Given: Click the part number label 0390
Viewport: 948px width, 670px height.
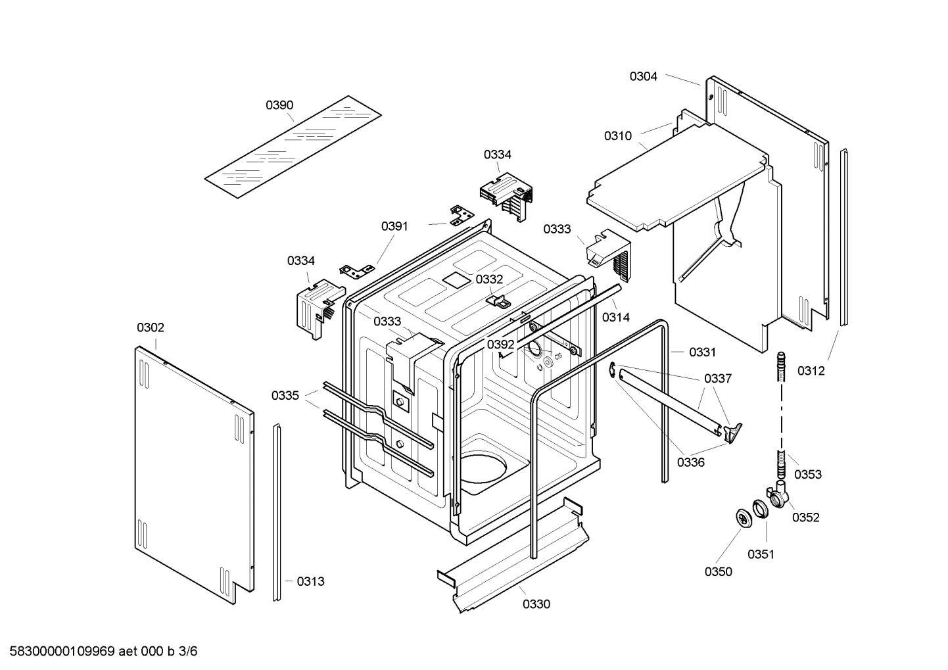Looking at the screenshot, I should click(x=279, y=105).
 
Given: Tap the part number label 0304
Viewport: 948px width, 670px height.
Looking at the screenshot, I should click(x=643, y=76).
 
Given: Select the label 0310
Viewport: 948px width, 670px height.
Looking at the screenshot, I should click(x=617, y=136).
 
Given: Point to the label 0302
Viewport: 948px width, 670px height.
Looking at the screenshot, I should click(x=151, y=327).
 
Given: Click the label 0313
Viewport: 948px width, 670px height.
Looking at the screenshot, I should click(x=310, y=581).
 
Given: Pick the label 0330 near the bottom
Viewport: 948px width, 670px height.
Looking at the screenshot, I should click(x=536, y=604).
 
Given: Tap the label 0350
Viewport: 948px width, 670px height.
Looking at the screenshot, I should click(x=718, y=571).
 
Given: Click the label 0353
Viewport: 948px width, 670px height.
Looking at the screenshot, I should click(x=807, y=474).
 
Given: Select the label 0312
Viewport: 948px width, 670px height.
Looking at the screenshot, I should click(x=811, y=371).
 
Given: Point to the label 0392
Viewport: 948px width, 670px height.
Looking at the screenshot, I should click(x=501, y=345).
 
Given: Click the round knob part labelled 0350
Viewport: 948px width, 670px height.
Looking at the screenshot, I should click(x=744, y=517).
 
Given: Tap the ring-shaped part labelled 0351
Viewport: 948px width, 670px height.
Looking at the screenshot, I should click(x=761, y=508).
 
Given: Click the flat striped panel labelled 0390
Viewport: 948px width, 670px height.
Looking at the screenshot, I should click(x=293, y=147).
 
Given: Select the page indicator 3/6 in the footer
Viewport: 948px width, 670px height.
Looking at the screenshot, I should click(x=188, y=652).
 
